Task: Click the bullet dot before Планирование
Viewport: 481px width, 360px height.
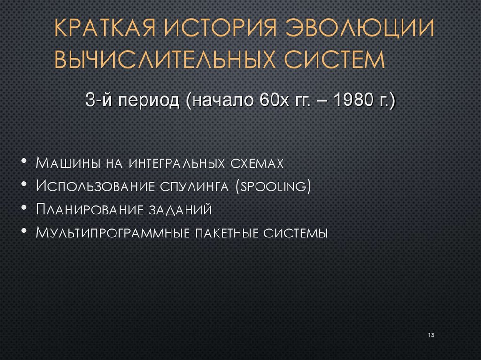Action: point(24,208)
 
